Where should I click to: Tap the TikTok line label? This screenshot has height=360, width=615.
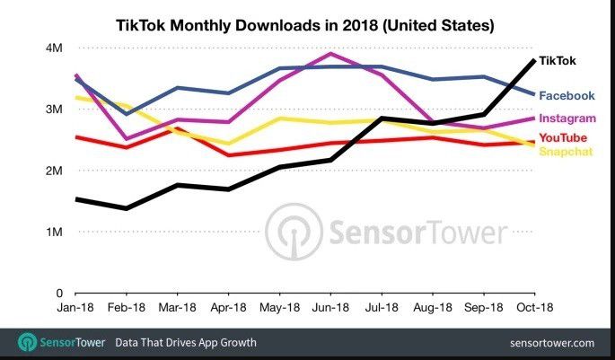click(x=558, y=61)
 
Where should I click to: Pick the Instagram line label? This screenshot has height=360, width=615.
click(x=567, y=118)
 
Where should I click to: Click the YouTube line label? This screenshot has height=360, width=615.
click(x=563, y=136)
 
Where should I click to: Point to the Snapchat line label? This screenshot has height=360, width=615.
click(x=565, y=151)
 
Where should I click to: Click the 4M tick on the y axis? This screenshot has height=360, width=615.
click(x=55, y=48)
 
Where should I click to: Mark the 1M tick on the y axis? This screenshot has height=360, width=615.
click(x=55, y=232)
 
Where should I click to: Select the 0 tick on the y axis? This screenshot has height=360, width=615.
click(x=57, y=293)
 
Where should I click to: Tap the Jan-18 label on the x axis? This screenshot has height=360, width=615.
click(x=76, y=308)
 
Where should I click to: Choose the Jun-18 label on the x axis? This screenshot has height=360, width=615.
click(x=331, y=308)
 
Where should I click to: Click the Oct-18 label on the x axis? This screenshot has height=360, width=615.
click(x=534, y=308)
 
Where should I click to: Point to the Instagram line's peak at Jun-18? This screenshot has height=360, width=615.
click(x=331, y=54)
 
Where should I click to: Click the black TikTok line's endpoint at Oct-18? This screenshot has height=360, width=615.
click(x=534, y=60)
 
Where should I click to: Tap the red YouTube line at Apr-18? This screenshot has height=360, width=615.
click(x=229, y=155)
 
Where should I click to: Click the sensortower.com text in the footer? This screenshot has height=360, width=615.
click(x=550, y=343)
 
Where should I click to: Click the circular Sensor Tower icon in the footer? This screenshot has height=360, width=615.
click(x=27, y=342)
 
